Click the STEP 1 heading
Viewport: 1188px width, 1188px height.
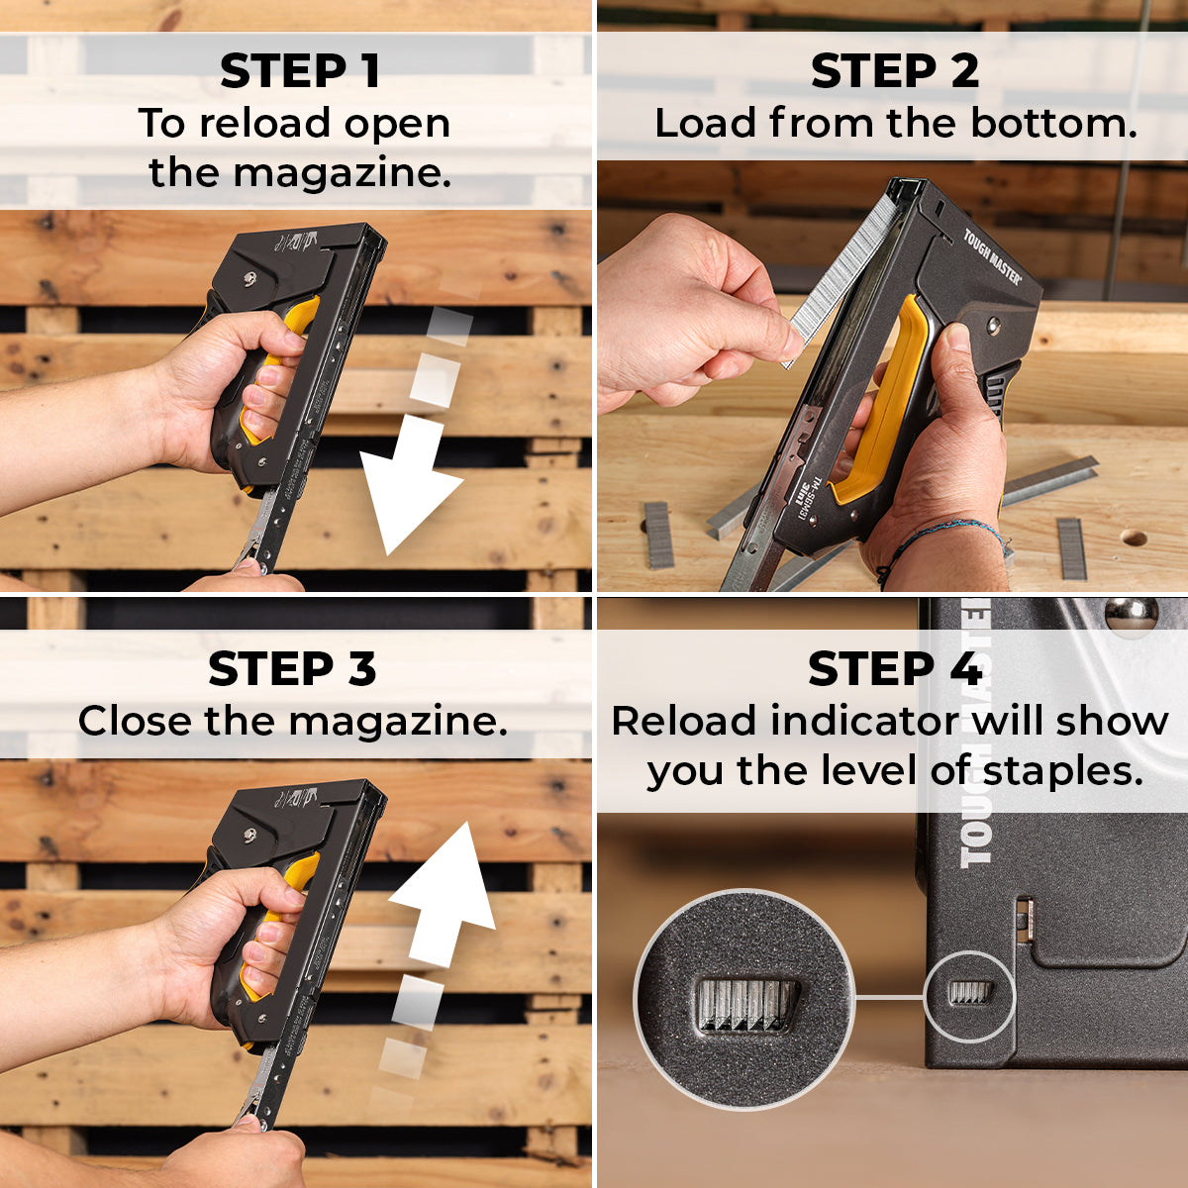pos(299,71)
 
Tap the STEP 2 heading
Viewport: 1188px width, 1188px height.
pos(894,71)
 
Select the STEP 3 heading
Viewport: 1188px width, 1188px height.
pos(292,669)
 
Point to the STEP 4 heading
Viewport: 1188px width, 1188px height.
pos(894,669)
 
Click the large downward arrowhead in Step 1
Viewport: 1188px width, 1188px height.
pos(406,495)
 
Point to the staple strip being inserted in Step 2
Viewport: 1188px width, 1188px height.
pos(837,277)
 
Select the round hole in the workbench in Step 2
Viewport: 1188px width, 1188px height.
pos(1134,540)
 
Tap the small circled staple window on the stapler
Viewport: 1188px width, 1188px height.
pos(969,993)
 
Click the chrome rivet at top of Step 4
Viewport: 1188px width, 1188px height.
pos(1131,615)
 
